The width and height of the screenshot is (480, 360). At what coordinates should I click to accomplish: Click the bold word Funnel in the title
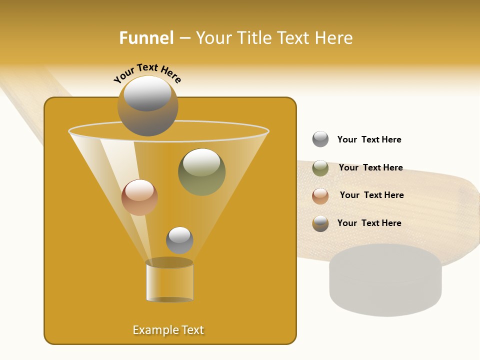click(x=146, y=38)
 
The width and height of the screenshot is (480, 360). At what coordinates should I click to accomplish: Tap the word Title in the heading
click(x=253, y=38)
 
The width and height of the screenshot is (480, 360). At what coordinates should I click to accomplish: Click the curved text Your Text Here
click(x=147, y=73)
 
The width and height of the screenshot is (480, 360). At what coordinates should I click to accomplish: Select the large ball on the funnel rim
click(x=147, y=106)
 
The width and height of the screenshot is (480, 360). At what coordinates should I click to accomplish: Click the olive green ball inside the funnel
click(x=201, y=172)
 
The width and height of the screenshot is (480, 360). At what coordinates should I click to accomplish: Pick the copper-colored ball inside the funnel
click(x=139, y=197)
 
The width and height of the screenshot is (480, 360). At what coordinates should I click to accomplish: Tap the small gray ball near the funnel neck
click(x=179, y=240)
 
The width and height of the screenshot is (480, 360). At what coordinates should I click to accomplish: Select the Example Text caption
click(x=168, y=330)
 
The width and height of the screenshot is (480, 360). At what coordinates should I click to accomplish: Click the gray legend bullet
click(x=320, y=139)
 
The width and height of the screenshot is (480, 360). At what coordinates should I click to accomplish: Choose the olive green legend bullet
click(x=320, y=168)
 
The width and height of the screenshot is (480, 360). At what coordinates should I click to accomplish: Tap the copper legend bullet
click(x=320, y=196)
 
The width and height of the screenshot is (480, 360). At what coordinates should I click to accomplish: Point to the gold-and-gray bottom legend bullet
click(x=320, y=223)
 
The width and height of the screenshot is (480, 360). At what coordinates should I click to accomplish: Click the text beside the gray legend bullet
click(x=369, y=139)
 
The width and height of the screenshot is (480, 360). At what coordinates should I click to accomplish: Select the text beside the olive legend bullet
click(x=370, y=167)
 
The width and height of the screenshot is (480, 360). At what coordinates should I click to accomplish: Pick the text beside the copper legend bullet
click(x=371, y=195)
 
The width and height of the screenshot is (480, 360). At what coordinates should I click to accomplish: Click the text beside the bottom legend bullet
click(x=369, y=223)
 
